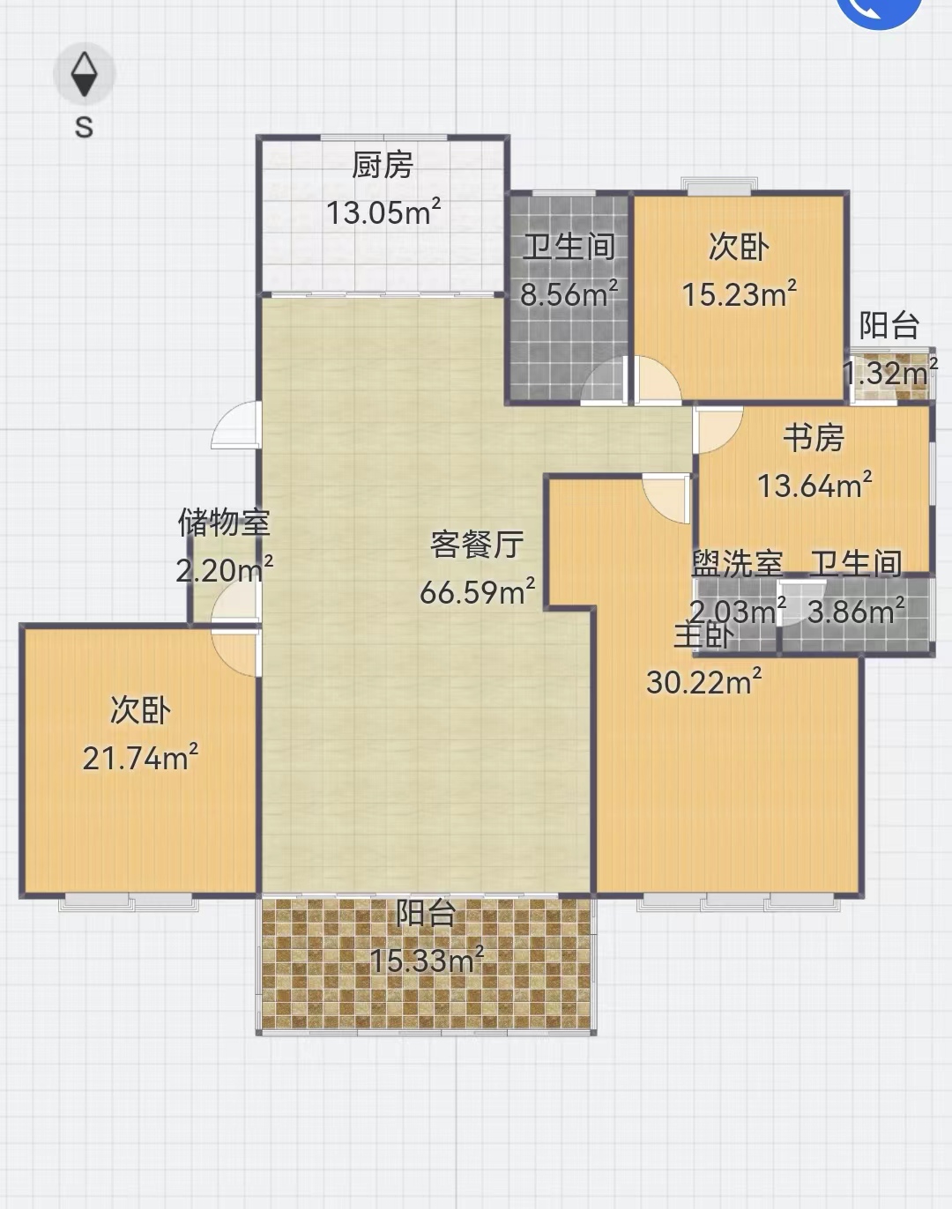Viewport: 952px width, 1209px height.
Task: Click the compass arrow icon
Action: [x=85, y=74]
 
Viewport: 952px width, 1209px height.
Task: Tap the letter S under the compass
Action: [x=85, y=128]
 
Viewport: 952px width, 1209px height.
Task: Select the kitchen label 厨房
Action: [x=383, y=165]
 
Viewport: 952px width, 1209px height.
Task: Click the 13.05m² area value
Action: [x=383, y=211]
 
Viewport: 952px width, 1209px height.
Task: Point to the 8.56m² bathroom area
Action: [x=569, y=293]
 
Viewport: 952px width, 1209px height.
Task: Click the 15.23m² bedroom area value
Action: [x=739, y=293]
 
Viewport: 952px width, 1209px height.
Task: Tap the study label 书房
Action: [x=814, y=438]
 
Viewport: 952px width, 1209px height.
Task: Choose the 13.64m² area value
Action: [x=814, y=485]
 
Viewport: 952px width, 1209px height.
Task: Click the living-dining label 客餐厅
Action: [x=477, y=544]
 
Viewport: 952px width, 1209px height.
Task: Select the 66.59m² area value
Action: [x=477, y=590]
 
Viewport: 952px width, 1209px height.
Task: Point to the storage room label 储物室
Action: [x=224, y=522]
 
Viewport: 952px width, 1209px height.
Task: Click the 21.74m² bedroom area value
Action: [x=140, y=757]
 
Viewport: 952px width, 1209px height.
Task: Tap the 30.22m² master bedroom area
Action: [x=703, y=681]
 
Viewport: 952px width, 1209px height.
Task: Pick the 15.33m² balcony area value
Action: [x=427, y=960]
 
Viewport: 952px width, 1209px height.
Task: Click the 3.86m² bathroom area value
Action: [x=856, y=611]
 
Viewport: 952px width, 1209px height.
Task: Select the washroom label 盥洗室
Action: [x=737, y=563]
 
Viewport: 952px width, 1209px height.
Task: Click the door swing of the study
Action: [x=718, y=430]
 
